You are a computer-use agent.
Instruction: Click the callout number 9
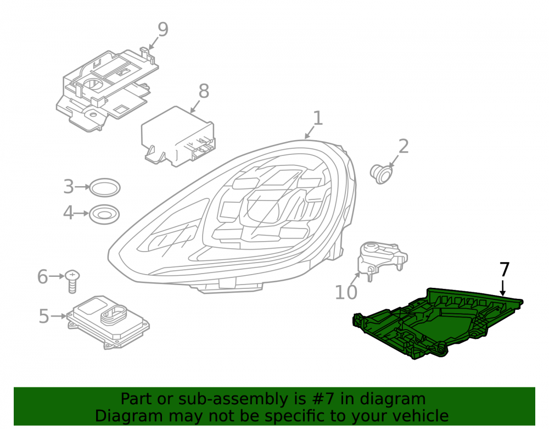163,30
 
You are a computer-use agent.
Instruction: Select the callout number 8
204,91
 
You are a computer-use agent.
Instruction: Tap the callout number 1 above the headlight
317,118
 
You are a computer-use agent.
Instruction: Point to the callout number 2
404,146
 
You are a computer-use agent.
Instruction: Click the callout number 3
69,187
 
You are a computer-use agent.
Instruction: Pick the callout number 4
69,213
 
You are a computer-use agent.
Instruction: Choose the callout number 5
44,316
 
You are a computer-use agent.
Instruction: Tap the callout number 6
43,277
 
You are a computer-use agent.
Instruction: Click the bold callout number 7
504,270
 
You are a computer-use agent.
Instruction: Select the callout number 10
346,292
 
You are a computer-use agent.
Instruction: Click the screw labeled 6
72,281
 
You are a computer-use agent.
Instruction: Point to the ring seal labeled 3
105,188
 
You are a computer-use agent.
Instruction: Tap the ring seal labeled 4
104,214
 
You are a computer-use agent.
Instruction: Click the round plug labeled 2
382,174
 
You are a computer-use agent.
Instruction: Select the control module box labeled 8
178,137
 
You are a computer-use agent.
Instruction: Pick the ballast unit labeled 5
109,321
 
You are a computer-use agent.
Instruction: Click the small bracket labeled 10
382,259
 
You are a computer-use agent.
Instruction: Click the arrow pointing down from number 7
503,288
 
